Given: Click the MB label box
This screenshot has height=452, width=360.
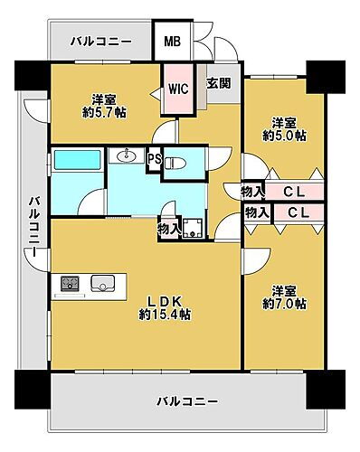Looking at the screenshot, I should [x=173, y=42].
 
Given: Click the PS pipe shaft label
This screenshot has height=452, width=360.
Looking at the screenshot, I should [x=154, y=158].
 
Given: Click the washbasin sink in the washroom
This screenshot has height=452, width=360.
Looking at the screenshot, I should [x=127, y=157].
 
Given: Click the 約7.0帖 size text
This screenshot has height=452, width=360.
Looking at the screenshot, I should [x=285, y=305].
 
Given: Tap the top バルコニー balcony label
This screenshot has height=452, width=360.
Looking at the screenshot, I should [x=102, y=42].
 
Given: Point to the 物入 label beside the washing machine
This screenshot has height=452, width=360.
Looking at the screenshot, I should [x=169, y=230].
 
